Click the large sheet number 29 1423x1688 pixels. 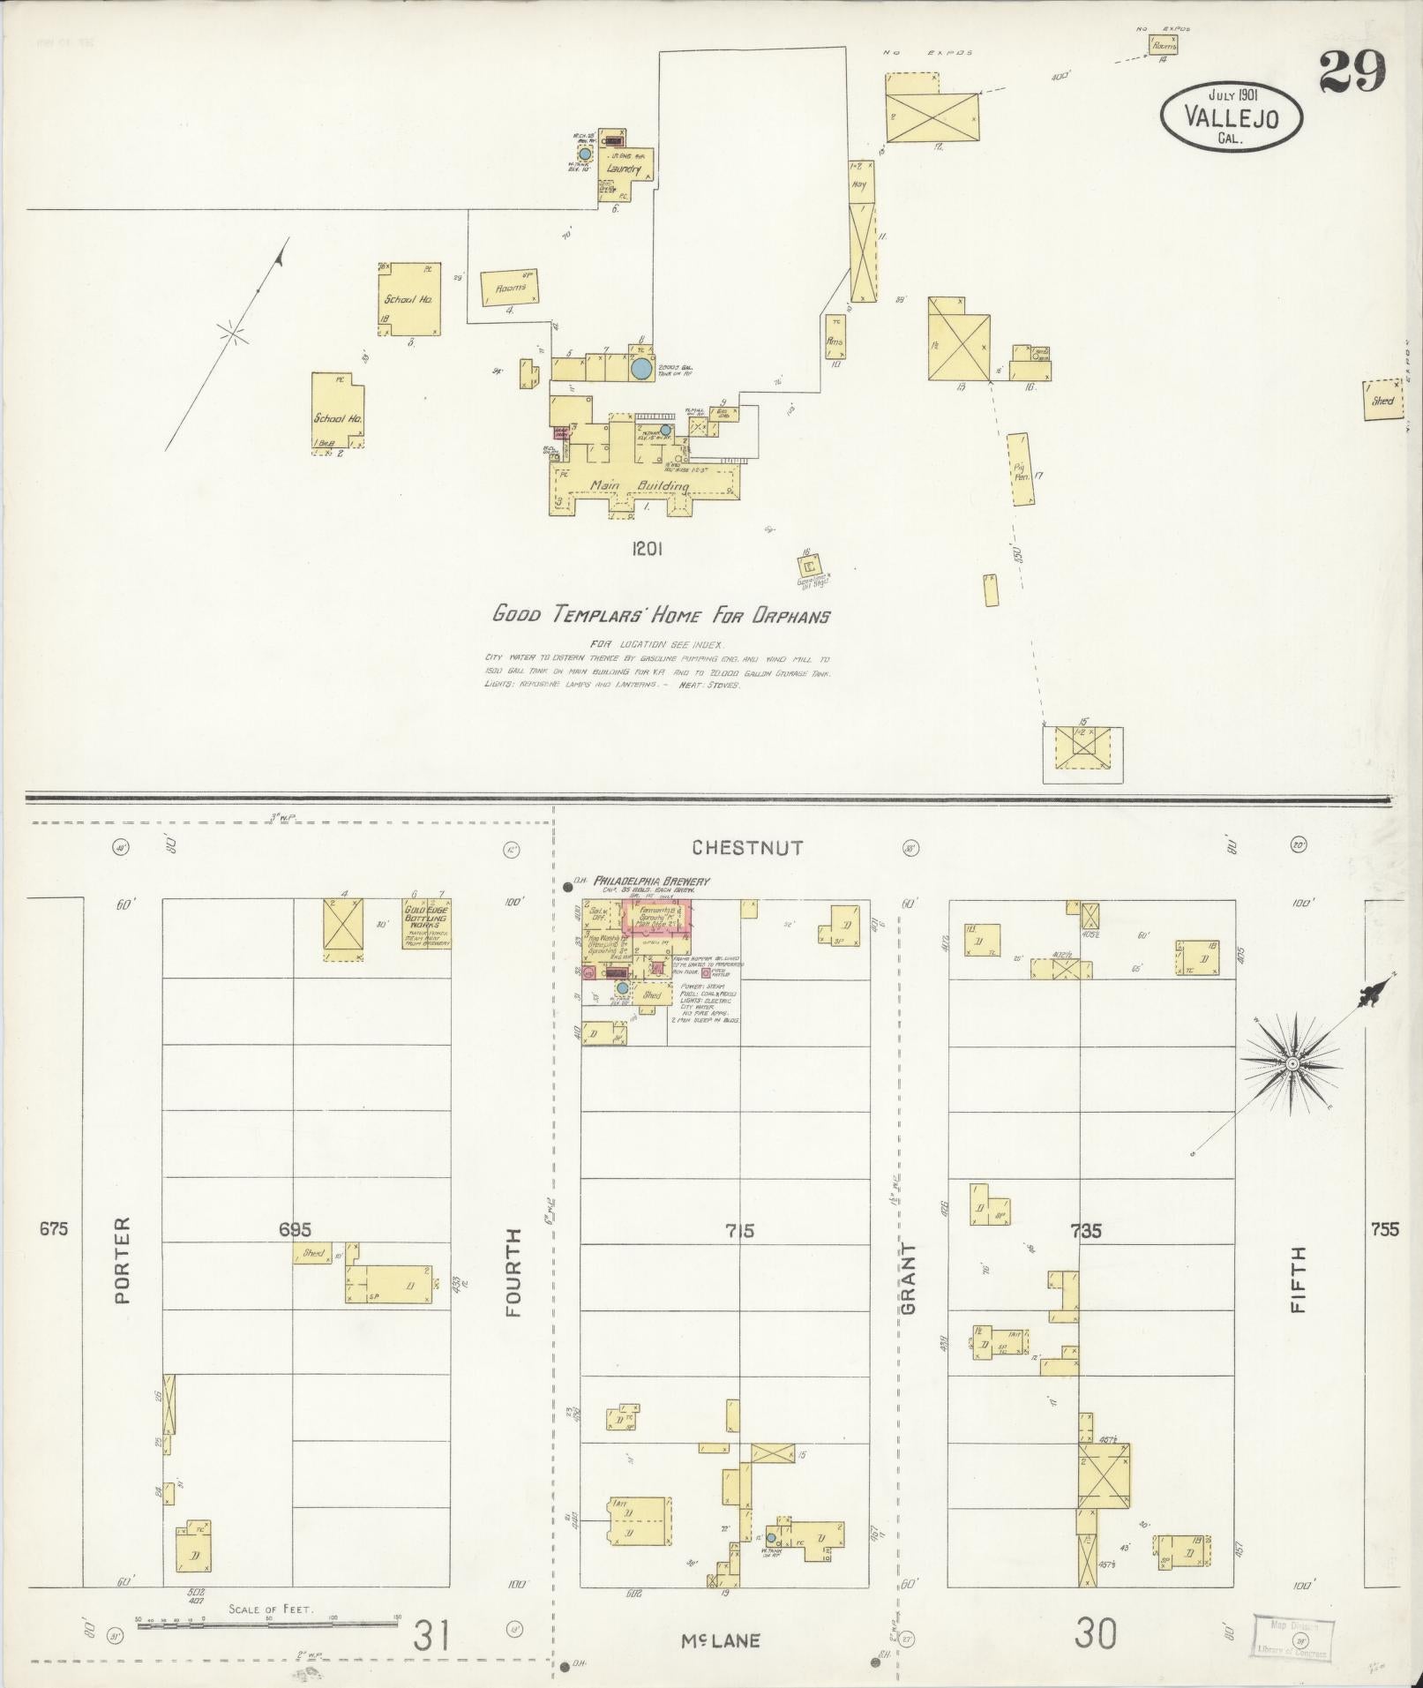(1352, 71)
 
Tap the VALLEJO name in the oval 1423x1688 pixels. (1231, 117)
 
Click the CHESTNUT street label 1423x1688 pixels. (747, 848)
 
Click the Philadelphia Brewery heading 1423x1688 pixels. (652, 881)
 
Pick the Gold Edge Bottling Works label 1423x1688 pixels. (428, 920)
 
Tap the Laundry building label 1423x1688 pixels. (623, 168)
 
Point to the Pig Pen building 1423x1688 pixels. (1022, 469)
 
